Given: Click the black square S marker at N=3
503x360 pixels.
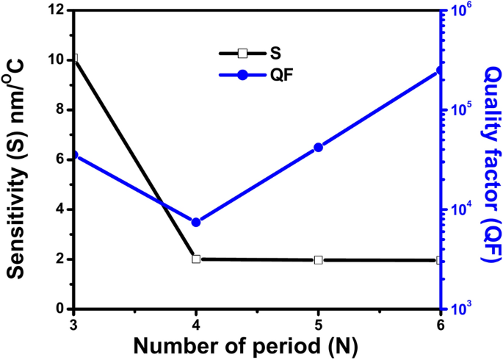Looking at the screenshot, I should pos(73,58).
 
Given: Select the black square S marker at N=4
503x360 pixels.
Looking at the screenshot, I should pos(196,259).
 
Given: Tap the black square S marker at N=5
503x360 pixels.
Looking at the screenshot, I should pos(318,260).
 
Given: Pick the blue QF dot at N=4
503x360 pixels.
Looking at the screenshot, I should pos(196,222).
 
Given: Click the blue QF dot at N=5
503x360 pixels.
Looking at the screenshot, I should pos(318,147).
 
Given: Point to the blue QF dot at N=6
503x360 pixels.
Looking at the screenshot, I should pos(440,71).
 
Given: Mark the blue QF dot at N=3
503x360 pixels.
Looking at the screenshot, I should pos(73,155).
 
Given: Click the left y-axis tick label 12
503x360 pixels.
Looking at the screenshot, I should pos(58,10).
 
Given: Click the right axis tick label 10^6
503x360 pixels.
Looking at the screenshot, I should pos(459,11).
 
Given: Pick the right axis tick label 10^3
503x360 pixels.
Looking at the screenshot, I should pos(459,309).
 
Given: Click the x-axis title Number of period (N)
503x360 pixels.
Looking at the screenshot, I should pos(256,345).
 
